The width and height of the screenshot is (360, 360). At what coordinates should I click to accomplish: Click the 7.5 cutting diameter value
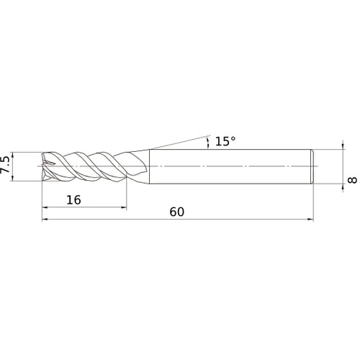pyautogui.click(x=6, y=166)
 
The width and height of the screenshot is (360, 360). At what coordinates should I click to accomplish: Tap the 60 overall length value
pyautogui.click(x=177, y=212)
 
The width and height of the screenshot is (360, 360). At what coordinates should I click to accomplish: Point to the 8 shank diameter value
pyautogui.click(x=352, y=179)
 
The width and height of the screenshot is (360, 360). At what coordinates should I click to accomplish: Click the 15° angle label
pyautogui.click(x=225, y=142)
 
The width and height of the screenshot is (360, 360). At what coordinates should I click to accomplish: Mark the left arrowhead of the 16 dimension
pyautogui.click(x=46, y=209)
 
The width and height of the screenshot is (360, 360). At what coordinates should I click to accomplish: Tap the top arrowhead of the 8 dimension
pyautogui.click(x=342, y=152)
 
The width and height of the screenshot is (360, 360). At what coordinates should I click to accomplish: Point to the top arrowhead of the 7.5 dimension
pyautogui.click(x=16, y=155)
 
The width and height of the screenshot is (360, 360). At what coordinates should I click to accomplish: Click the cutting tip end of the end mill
pyautogui.click(x=45, y=166)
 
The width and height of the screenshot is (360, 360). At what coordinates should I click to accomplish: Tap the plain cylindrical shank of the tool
pyautogui.click(x=230, y=166)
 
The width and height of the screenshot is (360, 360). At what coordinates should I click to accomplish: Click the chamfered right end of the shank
pyautogui.click(x=312, y=166)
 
